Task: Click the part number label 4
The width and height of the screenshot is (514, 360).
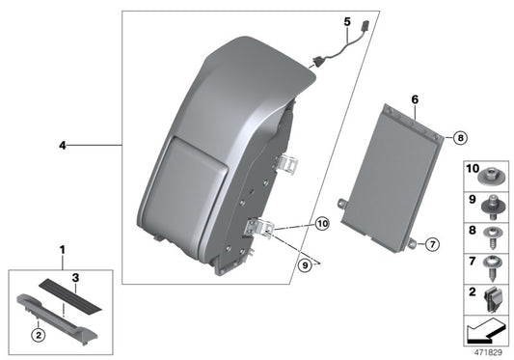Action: point(61,146)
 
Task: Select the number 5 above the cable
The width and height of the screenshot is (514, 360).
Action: point(348,20)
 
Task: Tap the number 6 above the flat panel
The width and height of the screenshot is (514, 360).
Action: point(414,99)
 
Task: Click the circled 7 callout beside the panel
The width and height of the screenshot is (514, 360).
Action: point(431,245)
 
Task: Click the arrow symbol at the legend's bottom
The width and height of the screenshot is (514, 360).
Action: point(485,331)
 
